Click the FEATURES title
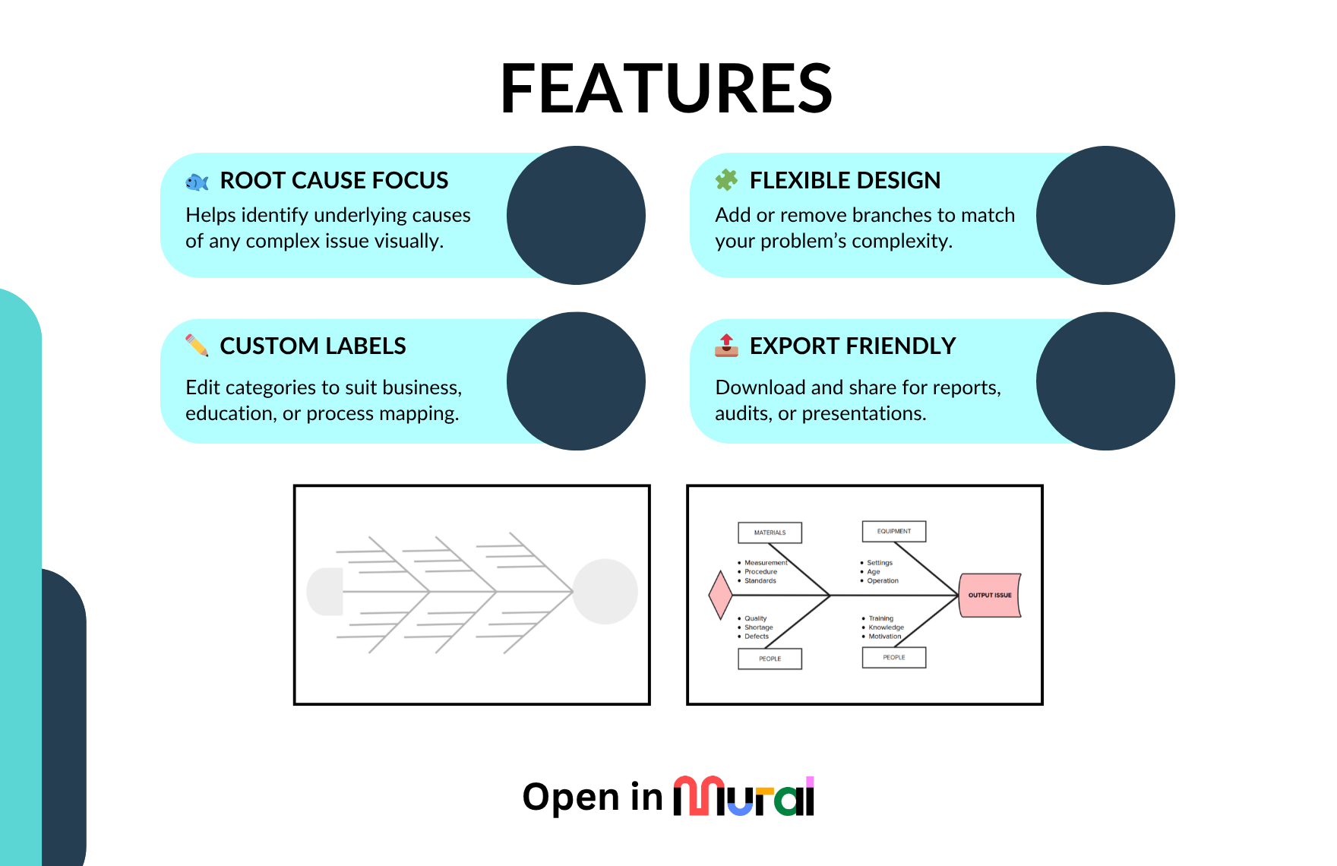pos(666,89)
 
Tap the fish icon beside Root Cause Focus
pos(197,182)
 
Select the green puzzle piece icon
pos(726,180)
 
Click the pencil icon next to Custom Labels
pos(197,346)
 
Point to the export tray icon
pos(726,346)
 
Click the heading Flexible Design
pos(845,181)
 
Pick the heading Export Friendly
pos(852,346)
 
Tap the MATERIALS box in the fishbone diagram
pos(770,533)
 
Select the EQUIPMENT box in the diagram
pos(893,531)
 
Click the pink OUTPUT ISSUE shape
pos(989,595)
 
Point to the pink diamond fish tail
pos(720,595)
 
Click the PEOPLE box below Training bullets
pos(893,657)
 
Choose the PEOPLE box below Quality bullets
pos(770,659)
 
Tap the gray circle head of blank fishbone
pos(605,592)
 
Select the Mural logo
pos(744,796)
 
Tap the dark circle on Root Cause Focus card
pos(576,216)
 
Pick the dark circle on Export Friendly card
pos(1105,381)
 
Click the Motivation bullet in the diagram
pos(884,637)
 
